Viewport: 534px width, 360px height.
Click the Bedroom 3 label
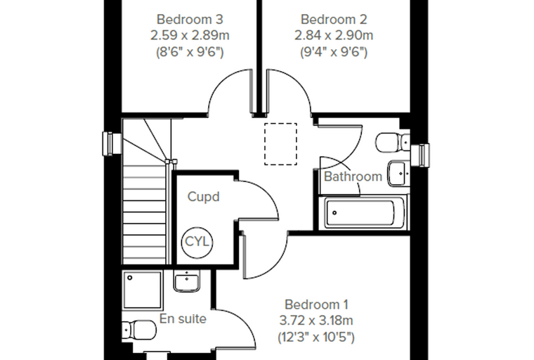click(190, 20)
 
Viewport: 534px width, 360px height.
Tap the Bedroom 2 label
click(334, 20)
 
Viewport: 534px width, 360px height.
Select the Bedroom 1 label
click(316, 304)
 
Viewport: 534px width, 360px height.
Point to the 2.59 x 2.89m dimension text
click(190, 35)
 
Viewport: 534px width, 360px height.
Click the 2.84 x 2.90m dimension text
click(334, 35)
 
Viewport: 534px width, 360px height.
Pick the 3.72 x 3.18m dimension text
click(316, 321)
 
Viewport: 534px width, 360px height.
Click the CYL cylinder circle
click(197, 242)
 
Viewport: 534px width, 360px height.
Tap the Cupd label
click(203, 197)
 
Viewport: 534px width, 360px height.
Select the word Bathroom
click(353, 176)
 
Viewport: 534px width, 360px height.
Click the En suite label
click(183, 319)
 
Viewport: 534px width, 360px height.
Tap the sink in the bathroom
click(398, 173)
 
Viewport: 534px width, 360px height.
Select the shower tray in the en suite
click(143, 290)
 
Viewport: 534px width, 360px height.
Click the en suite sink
click(188, 281)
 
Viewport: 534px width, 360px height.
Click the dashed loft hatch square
click(280, 144)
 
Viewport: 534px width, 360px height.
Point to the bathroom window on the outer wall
click(419, 155)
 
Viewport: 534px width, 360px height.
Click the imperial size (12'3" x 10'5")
click(316, 337)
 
